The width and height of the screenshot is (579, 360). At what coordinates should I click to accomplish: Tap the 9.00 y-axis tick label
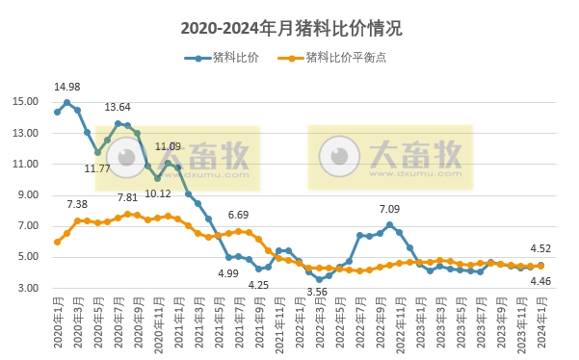point(29,195)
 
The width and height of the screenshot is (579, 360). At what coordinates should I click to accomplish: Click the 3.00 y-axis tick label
point(29,288)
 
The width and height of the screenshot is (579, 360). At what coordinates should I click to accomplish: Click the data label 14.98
point(66,87)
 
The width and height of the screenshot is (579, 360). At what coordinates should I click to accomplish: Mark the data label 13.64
point(118,107)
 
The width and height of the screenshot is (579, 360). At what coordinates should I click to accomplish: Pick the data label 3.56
point(317,293)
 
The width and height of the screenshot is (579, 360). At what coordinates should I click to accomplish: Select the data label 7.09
point(389,209)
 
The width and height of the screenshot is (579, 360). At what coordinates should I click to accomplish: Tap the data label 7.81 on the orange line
point(127,197)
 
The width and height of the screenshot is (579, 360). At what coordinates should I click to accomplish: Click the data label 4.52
point(541,247)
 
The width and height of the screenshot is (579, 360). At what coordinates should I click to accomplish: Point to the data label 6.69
point(238,215)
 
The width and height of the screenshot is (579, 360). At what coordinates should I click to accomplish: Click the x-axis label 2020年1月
point(58,322)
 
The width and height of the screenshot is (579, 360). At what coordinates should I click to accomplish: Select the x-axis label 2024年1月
point(540,322)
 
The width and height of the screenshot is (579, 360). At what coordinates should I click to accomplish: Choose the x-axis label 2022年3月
point(319,322)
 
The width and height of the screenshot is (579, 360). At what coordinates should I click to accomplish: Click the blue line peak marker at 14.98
point(67,102)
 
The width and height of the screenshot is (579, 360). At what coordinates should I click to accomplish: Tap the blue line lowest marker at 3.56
point(319,280)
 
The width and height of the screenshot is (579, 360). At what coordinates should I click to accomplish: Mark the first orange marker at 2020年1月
point(57,242)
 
